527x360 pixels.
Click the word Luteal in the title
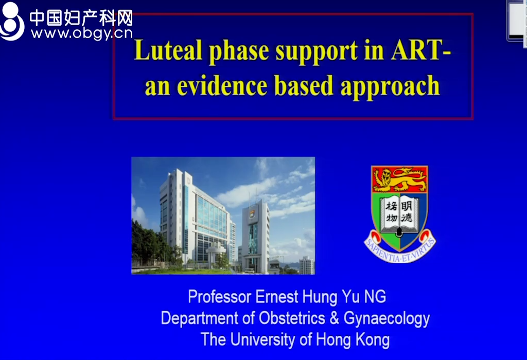[x=168, y=50]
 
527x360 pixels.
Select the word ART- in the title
[x=420, y=50]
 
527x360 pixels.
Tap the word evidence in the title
[x=222, y=85]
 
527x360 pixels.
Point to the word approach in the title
[x=390, y=86]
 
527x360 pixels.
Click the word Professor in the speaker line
[x=219, y=297]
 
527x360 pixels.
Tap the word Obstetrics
[x=292, y=318]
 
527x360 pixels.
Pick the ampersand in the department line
[x=334, y=318]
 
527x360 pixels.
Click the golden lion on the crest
[x=399, y=179]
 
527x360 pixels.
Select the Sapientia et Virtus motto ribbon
[x=399, y=247]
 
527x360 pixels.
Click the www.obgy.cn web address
[x=82, y=33]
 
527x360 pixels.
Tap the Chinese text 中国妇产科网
[x=81, y=17]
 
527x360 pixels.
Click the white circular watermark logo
[x=12, y=21]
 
